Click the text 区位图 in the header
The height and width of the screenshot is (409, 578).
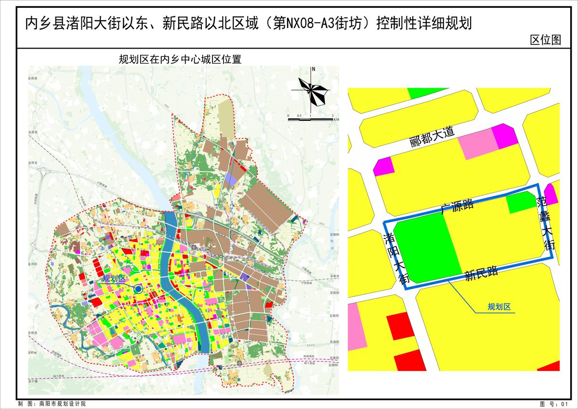[x=545, y=40]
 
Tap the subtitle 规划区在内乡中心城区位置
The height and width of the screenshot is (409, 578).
[x=180, y=60]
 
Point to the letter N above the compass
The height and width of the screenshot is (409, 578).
[x=313, y=69]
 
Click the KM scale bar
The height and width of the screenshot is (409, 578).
[x=311, y=119]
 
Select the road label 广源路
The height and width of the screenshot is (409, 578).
[x=457, y=207]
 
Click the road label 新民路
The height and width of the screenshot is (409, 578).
[x=481, y=274]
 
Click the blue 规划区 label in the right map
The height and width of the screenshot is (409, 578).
[x=499, y=307]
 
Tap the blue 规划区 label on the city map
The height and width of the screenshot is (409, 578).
[x=114, y=278]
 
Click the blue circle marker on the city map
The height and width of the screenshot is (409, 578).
[x=139, y=289]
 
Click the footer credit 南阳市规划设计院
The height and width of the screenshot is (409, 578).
[x=62, y=404]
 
